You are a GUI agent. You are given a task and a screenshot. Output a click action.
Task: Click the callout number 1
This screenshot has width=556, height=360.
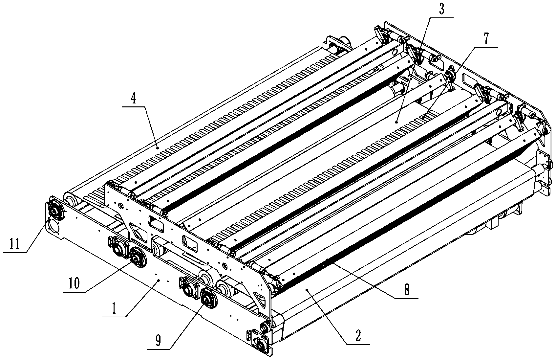click(x=114, y=309)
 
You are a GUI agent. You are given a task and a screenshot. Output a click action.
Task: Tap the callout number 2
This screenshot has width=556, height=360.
click(x=358, y=336)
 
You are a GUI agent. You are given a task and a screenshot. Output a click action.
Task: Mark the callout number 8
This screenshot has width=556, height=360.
click(x=407, y=290)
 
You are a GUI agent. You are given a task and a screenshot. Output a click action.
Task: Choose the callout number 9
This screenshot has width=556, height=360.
click(x=158, y=341)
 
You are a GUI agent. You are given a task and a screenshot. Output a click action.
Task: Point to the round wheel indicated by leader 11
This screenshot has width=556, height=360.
click(x=56, y=209)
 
